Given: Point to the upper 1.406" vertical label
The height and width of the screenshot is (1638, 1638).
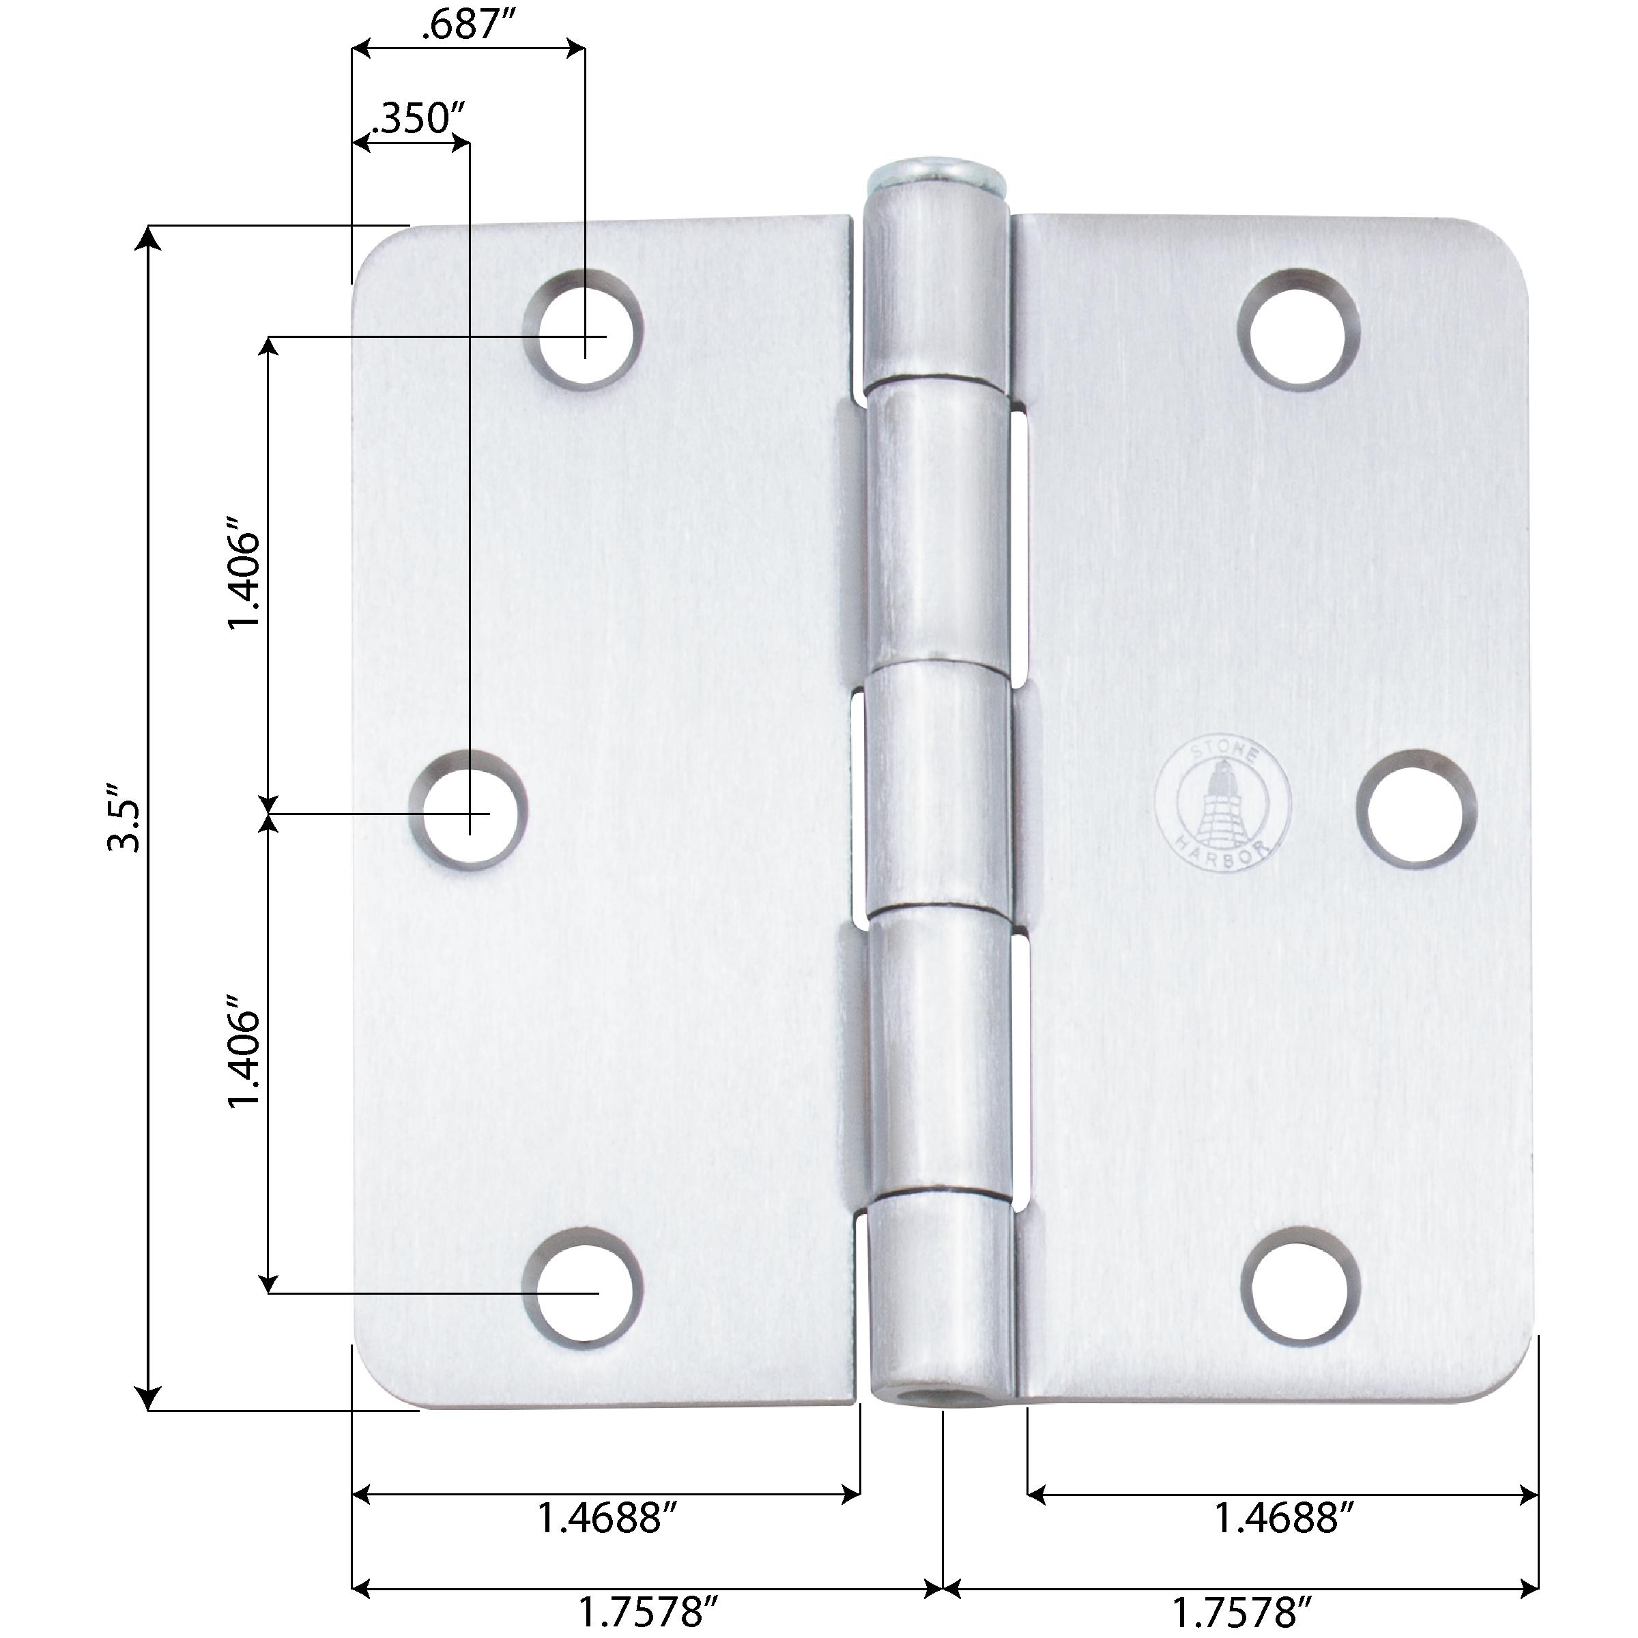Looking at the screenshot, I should (x=242, y=581).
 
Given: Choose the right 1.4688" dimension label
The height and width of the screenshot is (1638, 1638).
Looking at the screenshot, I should (x=1284, y=1519).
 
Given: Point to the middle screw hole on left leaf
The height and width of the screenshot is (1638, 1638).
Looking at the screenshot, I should (x=470, y=809).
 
